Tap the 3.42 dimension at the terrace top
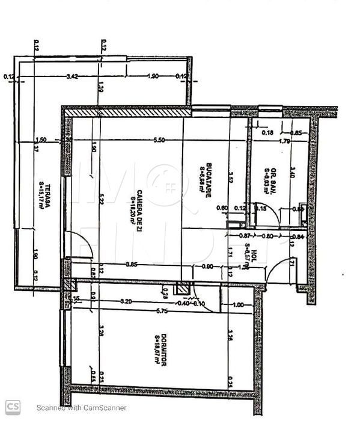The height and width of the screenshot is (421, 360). click(72, 76)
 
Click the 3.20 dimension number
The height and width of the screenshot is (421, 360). click(126, 300)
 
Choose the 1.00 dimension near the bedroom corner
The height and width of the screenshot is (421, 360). click(238, 305)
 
